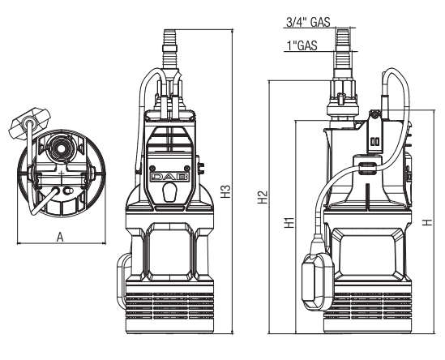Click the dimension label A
pyautogui.click(x=60, y=237)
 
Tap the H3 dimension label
pyautogui.click(x=225, y=191)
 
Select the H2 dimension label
pyautogui.click(x=263, y=197)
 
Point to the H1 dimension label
pyautogui.click(x=289, y=223)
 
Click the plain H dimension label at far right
pyautogui.click(x=428, y=222)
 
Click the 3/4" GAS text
pyautogui.click(x=308, y=22)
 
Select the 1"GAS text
pyautogui.click(x=302, y=45)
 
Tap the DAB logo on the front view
pyautogui.click(x=169, y=177)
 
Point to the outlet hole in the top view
pyautogui.click(x=61, y=148)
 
